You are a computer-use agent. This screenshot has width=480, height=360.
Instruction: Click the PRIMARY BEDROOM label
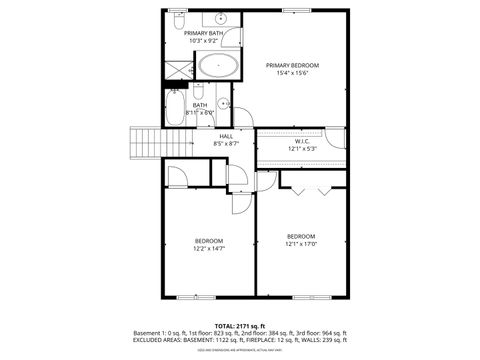[x=292, y=65]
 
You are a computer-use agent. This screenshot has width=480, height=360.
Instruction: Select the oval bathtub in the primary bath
[x=218, y=68]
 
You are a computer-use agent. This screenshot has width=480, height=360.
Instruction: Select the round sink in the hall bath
[x=225, y=104]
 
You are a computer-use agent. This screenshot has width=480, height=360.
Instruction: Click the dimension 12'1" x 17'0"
[x=301, y=243]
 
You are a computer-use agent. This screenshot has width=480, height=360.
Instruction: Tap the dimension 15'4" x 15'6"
[x=292, y=73]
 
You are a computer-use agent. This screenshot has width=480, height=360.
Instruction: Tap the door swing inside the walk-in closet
[x=267, y=180]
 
